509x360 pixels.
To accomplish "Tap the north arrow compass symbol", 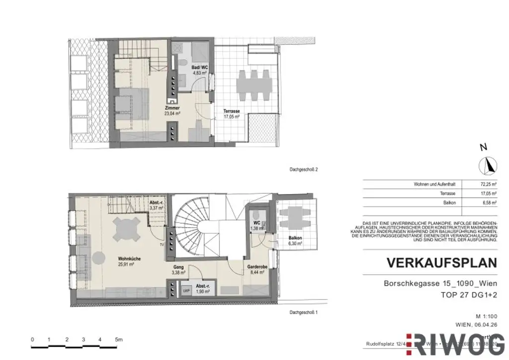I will coord(488,166).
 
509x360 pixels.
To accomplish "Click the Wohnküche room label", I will coord(128,262).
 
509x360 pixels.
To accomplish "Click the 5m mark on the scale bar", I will coord(118,340).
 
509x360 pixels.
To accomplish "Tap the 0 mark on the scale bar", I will coord(32,340).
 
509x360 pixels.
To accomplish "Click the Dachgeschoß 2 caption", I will coord(303,170).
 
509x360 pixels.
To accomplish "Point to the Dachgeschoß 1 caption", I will coord(303,312).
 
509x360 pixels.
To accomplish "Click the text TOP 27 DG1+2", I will coord(469,295).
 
